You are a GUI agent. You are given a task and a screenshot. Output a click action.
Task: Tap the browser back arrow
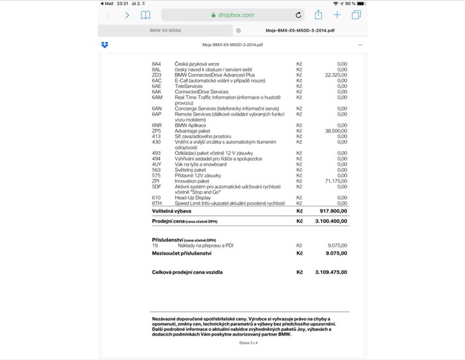click(x=109, y=15)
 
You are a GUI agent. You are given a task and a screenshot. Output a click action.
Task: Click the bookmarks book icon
click(x=146, y=15)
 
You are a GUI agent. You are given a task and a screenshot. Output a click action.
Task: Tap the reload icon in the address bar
click(x=299, y=15)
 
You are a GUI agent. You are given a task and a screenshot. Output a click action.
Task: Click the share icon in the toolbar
click(x=318, y=14)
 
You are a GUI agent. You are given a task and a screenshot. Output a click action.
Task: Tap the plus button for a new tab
click(x=337, y=14)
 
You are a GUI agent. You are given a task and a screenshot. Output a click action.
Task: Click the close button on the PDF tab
click(x=238, y=30)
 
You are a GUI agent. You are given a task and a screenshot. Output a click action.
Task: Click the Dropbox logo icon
click(x=105, y=45)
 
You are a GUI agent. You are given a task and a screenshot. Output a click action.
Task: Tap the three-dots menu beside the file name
click(x=360, y=45)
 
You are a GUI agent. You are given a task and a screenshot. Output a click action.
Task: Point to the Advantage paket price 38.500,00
click(x=336, y=130)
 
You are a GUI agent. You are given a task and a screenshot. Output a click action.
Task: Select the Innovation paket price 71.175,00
click(x=336, y=181)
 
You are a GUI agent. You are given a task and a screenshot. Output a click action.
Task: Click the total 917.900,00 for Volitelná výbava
click(x=333, y=210)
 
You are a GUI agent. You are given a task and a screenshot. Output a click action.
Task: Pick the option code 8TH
click(x=156, y=203)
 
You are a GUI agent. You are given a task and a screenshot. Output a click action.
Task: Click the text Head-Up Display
click(x=193, y=197)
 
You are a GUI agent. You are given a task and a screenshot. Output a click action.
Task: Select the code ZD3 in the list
click(x=156, y=75)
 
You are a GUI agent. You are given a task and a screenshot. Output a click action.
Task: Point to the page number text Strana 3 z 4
click(x=248, y=343)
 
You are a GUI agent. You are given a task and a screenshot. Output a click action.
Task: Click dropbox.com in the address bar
click(x=236, y=15)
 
